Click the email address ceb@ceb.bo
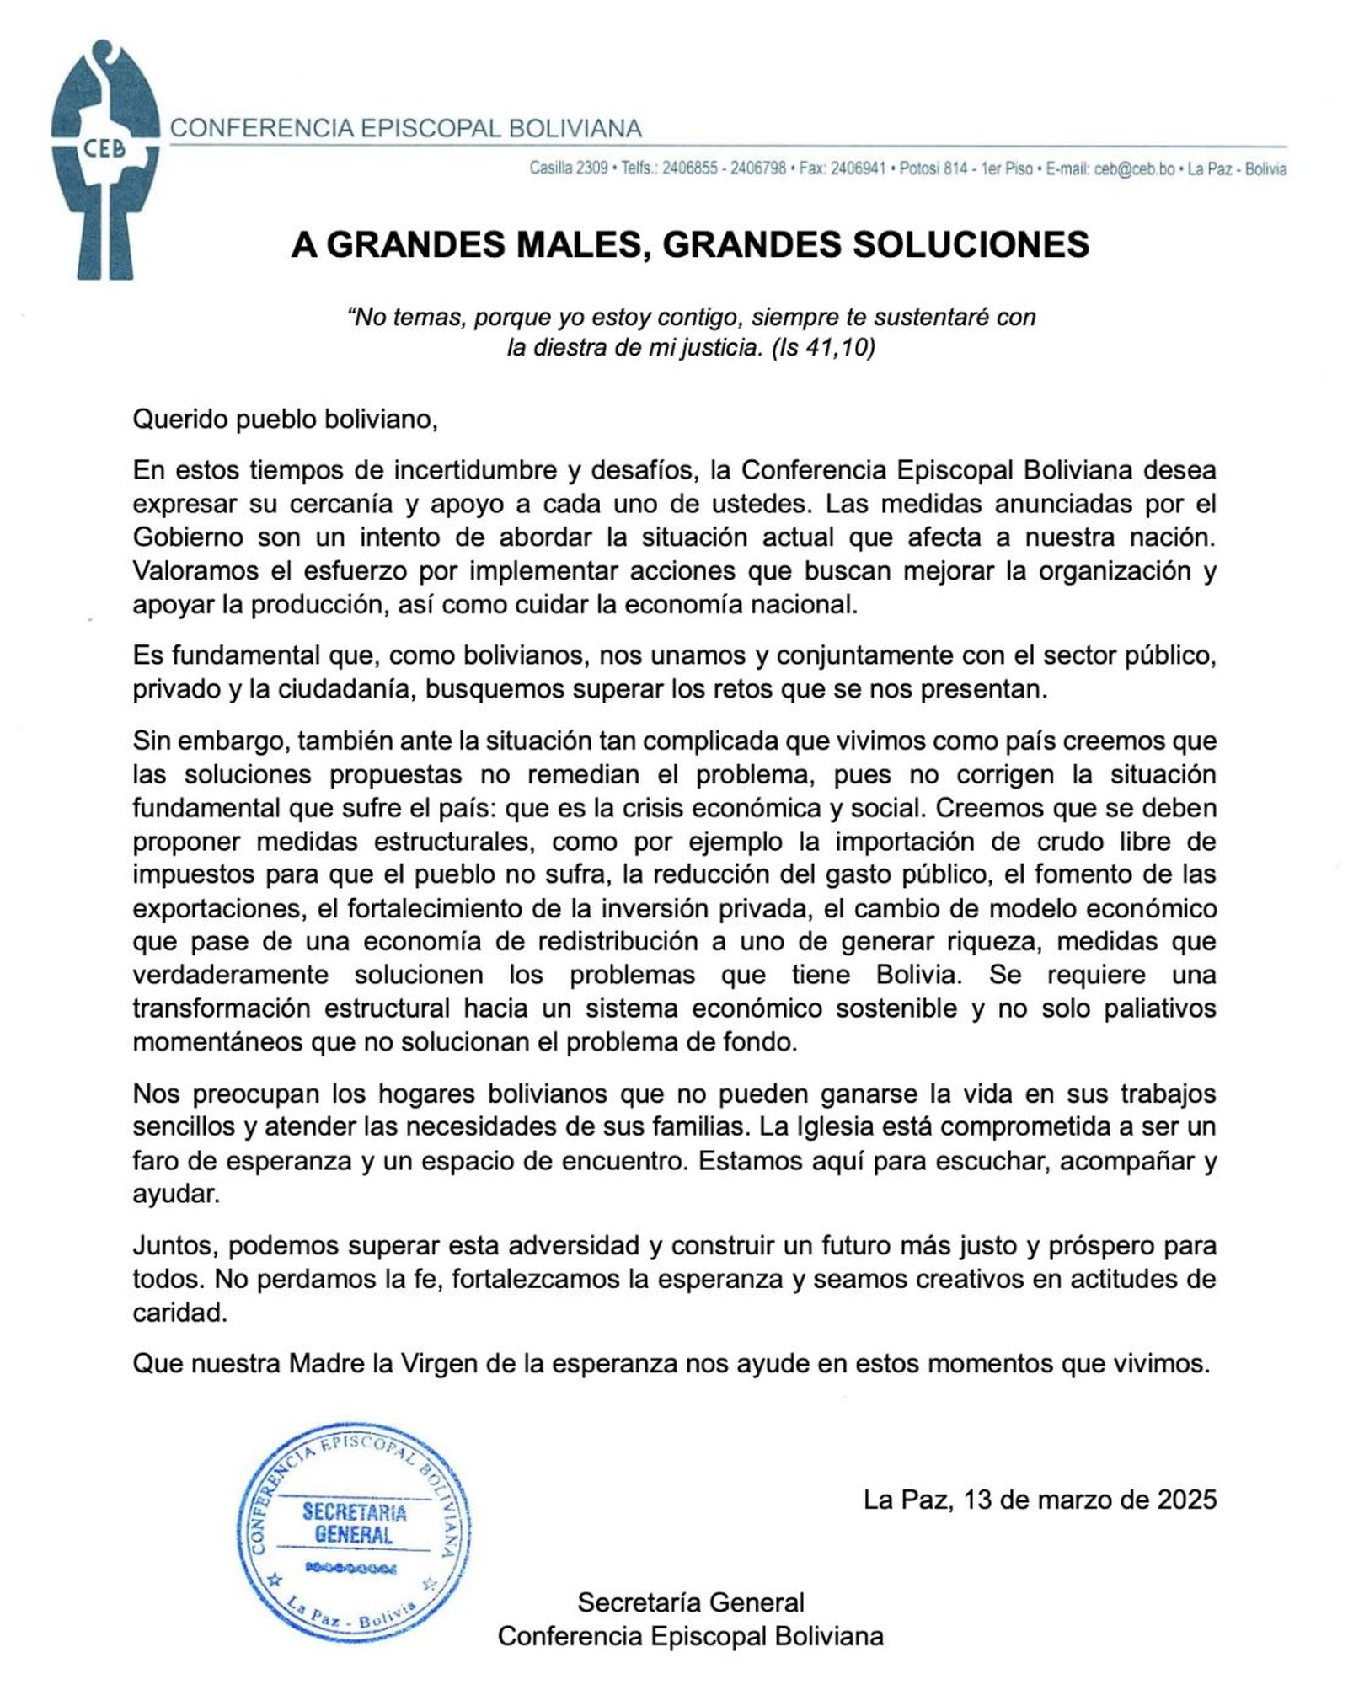tap(1134, 169)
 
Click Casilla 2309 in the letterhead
tap(569, 169)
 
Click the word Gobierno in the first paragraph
tap(188, 537)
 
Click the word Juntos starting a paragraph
tap(174, 1245)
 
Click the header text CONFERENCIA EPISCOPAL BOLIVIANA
tap(406, 129)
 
